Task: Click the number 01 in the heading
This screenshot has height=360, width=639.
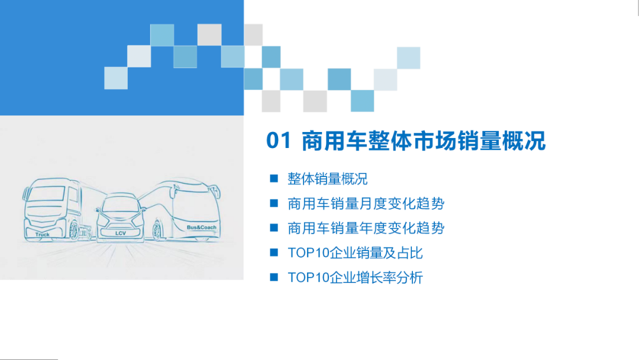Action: [279, 142]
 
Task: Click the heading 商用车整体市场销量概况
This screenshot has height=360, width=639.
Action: [423, 142]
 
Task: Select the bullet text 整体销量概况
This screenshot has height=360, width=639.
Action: [327, 179]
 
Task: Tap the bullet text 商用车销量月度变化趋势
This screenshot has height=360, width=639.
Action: [366, 204]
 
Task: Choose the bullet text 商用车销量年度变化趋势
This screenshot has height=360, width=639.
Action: [366, 228]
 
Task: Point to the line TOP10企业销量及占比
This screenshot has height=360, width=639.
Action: [355, 253]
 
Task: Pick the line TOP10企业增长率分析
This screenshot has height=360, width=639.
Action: [355, 277]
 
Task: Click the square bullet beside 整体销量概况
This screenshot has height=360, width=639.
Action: [273, 178]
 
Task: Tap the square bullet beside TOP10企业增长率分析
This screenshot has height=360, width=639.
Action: [273, 277]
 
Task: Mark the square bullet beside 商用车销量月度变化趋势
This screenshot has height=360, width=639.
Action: [273, 203]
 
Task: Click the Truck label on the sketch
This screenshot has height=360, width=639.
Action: [43, 234]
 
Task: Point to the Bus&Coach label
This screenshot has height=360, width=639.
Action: [202, 227]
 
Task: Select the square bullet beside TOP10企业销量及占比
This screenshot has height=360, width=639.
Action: [273, 252]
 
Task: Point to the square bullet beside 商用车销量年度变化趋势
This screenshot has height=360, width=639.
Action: [273, 227]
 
